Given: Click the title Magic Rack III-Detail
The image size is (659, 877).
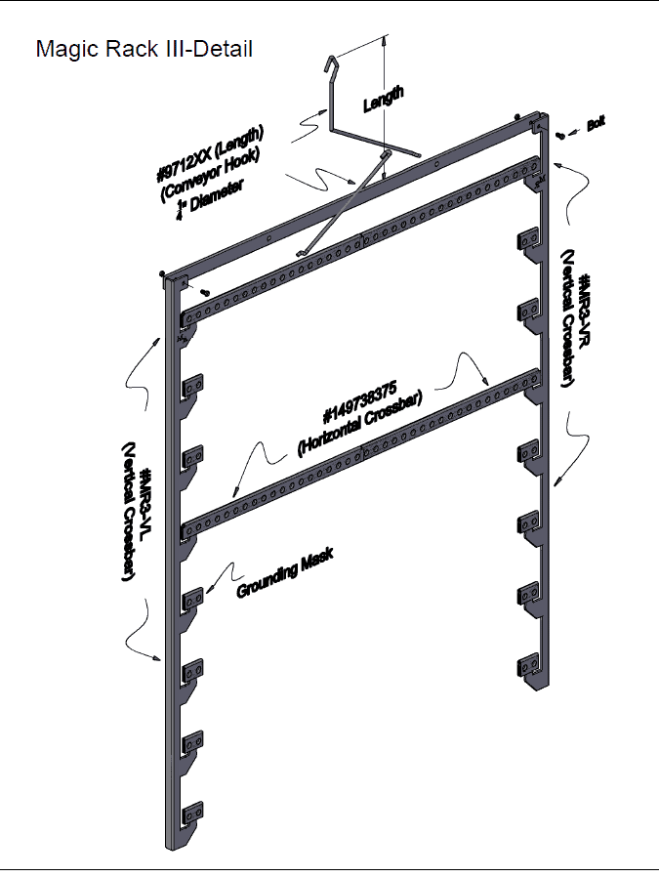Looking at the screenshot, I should point(144,48).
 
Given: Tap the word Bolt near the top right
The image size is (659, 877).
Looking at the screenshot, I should point(596,126).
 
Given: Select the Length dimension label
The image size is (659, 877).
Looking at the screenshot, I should point(384,99).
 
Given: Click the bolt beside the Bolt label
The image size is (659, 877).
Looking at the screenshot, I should point(559,135).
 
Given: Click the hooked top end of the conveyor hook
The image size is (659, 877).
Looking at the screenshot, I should point(331,63).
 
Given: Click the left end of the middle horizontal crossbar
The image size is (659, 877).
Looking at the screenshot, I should point(188,528).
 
